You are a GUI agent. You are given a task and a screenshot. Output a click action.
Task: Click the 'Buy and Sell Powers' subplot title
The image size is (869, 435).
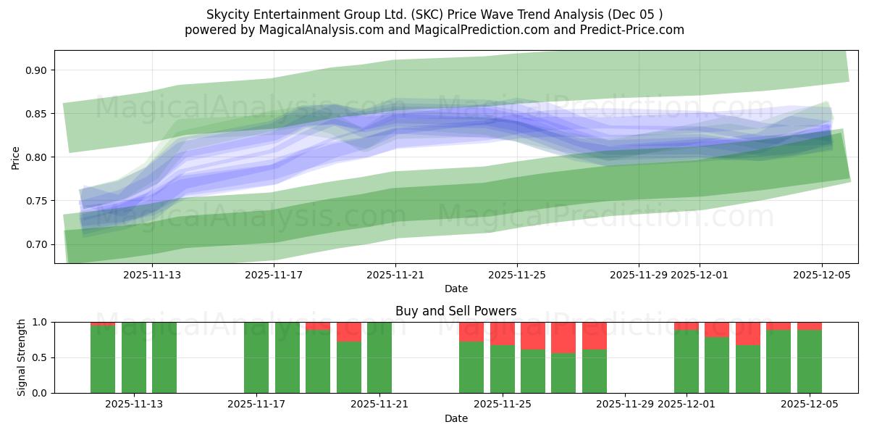456,311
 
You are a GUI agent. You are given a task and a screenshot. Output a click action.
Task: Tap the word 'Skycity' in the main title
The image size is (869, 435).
227,14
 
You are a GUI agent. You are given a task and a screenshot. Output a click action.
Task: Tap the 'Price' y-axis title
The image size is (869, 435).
16,157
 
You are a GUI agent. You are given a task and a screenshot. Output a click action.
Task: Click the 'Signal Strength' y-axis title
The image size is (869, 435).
22,357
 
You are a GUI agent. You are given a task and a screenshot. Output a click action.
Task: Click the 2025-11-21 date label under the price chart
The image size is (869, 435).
395,275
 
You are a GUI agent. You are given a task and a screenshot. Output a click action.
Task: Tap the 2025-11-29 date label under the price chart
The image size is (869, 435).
639,275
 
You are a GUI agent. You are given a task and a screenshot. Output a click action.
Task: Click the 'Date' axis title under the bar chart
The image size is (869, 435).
456,418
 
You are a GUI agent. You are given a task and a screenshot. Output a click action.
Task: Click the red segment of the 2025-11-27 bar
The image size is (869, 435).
563,337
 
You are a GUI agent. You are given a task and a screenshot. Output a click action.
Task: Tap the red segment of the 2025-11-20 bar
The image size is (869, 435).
349,331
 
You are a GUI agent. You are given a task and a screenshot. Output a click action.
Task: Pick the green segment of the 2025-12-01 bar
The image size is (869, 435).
687,362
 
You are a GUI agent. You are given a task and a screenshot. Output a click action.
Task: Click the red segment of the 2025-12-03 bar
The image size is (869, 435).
748,333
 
